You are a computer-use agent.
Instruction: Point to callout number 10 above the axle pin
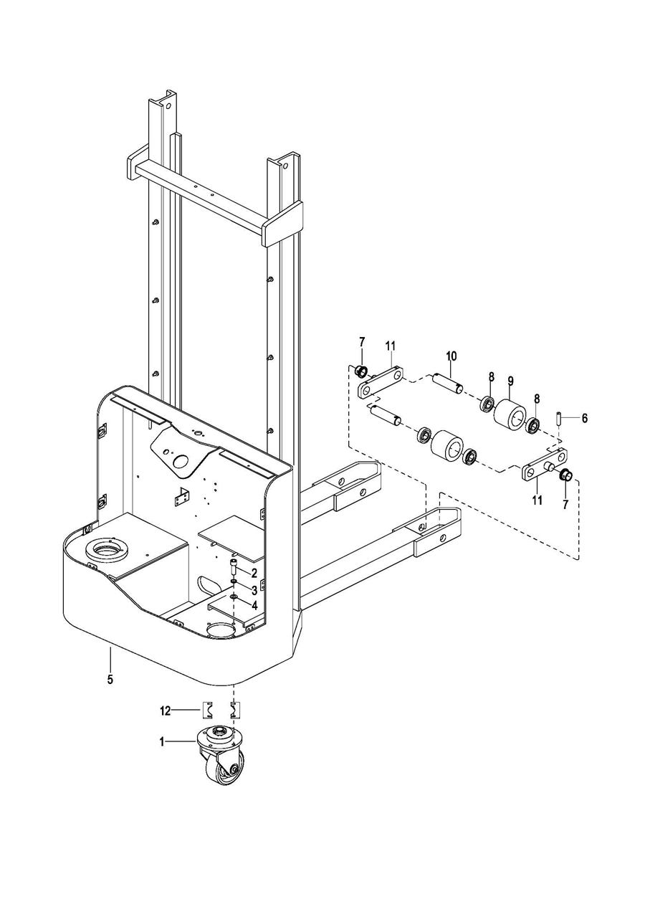(x=451, y=356)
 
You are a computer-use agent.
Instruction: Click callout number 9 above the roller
(x=510, y=381)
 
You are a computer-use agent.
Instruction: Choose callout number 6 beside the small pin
(x=584, y=418)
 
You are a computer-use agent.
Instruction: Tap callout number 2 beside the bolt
(x=254, y=574)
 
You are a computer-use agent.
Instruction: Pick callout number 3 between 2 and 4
(x=254, y=590)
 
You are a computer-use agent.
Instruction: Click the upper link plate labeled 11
(x=381, y=383)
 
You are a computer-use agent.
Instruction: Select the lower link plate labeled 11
(x=545, y=465)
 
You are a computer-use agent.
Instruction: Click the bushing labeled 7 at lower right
(x=566, y=475)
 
